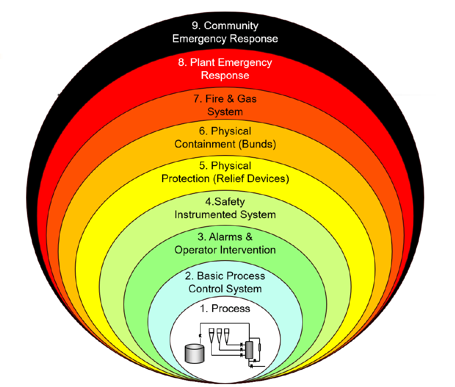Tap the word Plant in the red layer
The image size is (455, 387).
click(x=203, y=62)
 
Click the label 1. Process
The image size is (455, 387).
click(x=225, y=308)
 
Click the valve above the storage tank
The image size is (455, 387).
click(x=200, y=335)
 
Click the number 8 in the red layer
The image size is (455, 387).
click(x=182, y=62)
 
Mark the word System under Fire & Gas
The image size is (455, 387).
click(x=225, y=112)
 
